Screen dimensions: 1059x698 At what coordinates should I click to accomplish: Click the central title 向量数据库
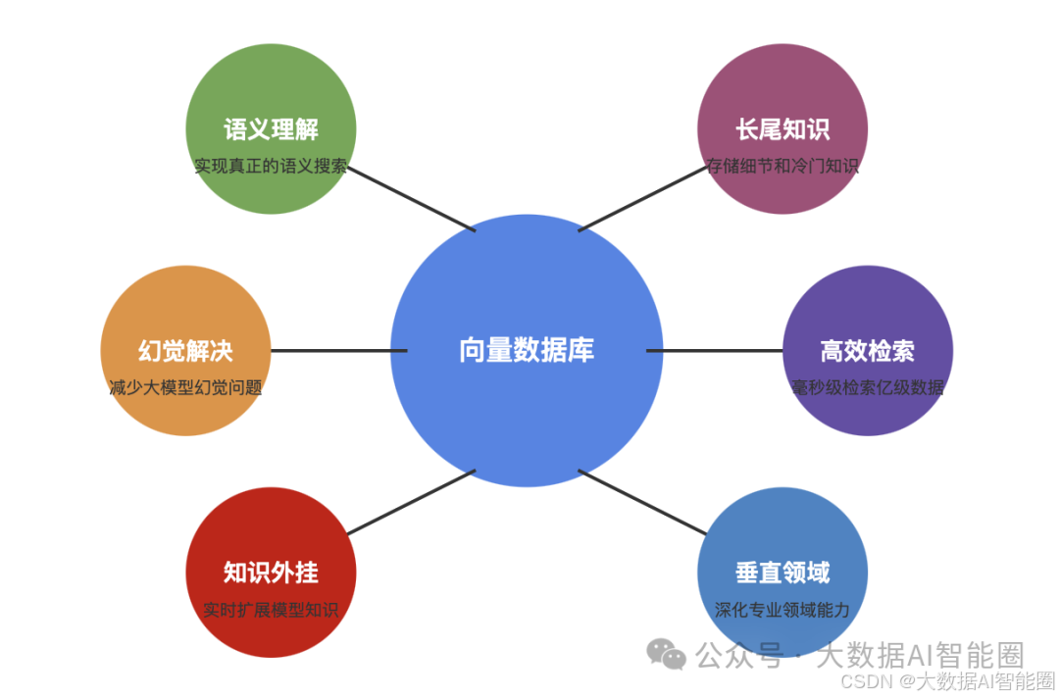click(527, 350)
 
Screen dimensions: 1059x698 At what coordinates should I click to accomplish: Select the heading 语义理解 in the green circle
click(271, 129)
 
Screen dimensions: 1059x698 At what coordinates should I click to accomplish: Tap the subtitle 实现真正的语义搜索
click(271, 166)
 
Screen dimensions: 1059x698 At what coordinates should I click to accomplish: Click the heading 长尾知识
click(782, 129)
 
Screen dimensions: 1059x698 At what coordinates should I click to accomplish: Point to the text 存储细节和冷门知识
click(782, 166)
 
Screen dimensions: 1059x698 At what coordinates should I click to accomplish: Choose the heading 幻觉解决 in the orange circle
click(185, 351)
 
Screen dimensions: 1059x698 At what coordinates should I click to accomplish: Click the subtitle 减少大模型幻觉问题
click(185, 387)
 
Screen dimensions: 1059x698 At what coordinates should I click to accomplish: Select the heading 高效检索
click(868, 351)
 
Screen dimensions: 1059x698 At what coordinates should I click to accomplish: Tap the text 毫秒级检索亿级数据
click(868, 387)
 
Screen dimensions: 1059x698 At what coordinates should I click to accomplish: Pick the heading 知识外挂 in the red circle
click(271, 573)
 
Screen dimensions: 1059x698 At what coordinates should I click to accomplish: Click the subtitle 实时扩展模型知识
click(271, 610)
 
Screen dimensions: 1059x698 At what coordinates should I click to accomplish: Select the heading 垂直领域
click(782, 573)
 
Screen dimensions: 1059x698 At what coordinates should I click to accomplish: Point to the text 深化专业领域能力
click(782, 610)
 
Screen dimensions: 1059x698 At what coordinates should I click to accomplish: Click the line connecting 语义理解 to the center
click(412, 198)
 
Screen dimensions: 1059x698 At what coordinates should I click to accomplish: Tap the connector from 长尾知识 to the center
click(642, 198)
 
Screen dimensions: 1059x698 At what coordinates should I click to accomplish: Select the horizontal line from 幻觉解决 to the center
click(338, 350)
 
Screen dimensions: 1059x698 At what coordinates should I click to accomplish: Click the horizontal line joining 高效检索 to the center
click(715, 350)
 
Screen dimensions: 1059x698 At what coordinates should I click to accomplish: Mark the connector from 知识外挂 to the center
click(412, 502)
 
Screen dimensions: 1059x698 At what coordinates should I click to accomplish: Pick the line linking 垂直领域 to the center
click(642, 502)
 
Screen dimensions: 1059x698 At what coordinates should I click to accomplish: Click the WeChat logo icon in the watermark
click(667, 654)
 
